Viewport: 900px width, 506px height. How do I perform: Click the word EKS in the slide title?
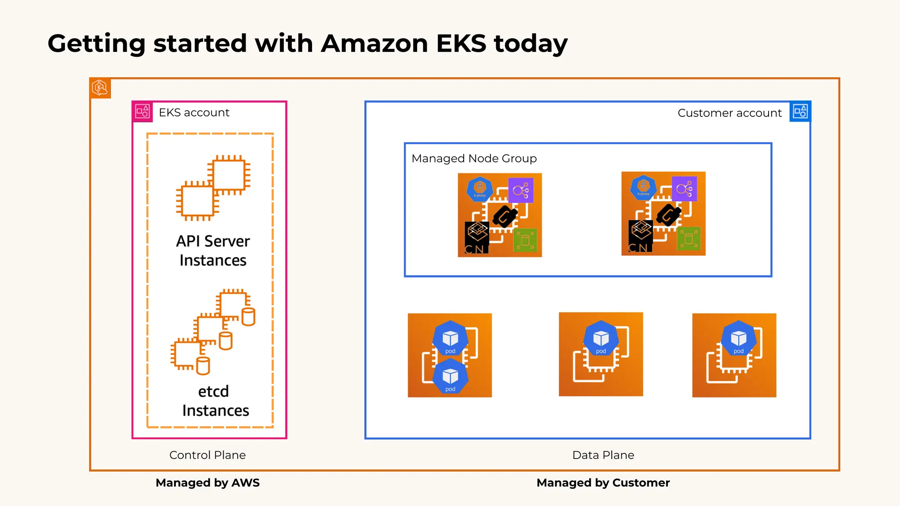point(461,44)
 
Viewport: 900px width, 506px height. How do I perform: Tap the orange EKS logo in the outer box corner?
point(100,88)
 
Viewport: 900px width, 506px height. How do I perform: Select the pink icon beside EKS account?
point(142,112)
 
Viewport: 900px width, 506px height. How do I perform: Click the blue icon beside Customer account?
point(800,112)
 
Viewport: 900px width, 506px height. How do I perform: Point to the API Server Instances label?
point(213,251)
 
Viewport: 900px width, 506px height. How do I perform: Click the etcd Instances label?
point(215,401)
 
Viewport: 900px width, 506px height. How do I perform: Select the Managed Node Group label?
point(474,159)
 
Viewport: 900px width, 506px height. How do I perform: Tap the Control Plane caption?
point(207,455)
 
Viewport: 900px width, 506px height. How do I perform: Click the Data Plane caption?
point(603,455)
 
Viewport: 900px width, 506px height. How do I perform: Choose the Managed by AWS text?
point(207,483)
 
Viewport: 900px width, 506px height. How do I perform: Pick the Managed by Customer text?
point(603,483)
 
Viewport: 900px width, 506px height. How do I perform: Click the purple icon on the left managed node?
point(521,190)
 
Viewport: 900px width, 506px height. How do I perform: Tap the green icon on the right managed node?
point(689,239)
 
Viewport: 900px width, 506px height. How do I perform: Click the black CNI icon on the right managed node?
point(640,236)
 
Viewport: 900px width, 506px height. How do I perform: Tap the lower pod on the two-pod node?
point(450,377)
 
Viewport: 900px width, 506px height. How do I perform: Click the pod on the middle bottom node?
point(601,339)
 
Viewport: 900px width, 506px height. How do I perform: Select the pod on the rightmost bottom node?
point(738,339)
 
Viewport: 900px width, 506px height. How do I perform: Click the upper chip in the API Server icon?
point(229,175)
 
